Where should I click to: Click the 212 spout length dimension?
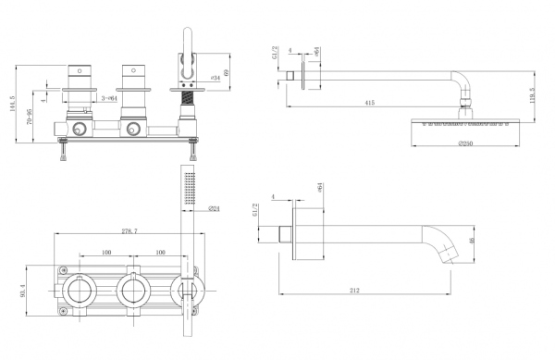pos(355,291)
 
